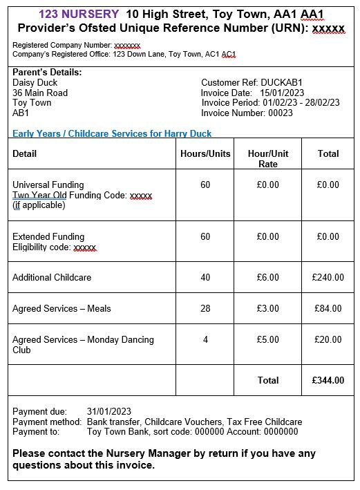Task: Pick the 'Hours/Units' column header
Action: (x=205, y=153)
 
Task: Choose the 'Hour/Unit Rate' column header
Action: (x=267, y=158)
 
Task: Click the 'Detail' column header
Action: (x=25, y=153)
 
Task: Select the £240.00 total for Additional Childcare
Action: (x=328, y=277)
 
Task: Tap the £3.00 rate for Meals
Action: (x=267, y=308)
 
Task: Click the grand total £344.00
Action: (x=328, y=380)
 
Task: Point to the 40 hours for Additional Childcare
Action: (x=205, y=277)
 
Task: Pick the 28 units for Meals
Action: (x=205, y=308)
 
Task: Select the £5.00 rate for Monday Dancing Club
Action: (x=267, y=339)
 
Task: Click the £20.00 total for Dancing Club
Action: (x=328, y=339)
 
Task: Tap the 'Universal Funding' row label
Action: (x=48, y=185)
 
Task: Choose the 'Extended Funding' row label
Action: (x=48, y=236)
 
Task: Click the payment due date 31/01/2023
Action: (x=109, y=412)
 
